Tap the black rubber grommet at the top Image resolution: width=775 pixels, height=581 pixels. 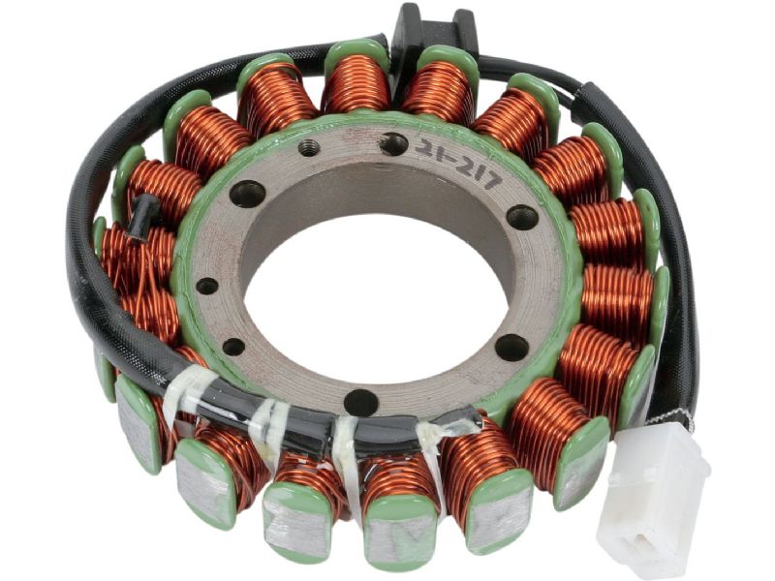(x=435, y=30)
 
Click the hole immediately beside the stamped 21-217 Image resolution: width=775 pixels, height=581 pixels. (x=393, y=143)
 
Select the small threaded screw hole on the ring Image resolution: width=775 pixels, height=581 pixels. (x=309, y=148)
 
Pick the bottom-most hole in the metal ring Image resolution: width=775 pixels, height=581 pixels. (x=360, y=402)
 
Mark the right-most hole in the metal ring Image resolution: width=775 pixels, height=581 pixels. (x=522, y=217)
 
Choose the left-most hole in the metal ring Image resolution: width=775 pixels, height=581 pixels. (x=207, y=286)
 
